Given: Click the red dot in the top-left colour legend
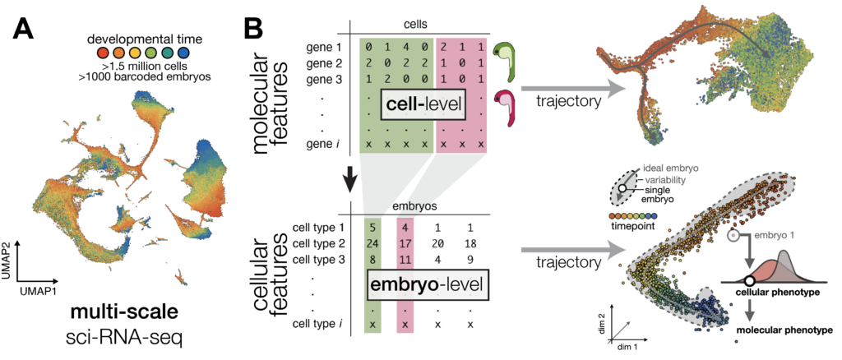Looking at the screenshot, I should [103, 53].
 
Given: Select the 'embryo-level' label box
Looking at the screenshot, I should [427, 286].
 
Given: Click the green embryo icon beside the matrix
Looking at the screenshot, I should [503, 62].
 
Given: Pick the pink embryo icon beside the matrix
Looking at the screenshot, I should [502, 108].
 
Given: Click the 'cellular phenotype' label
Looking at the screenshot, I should [767, 292].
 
